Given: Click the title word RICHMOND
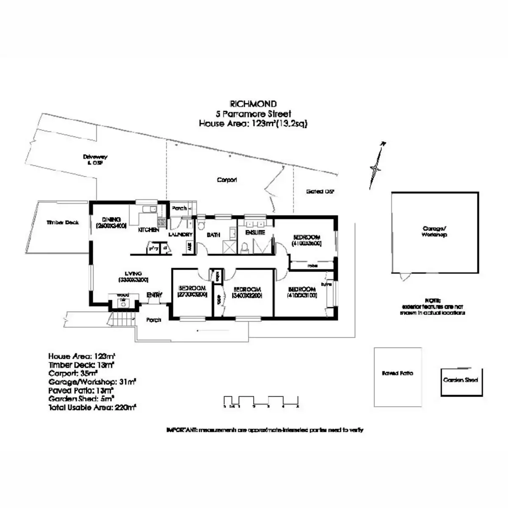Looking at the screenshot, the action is coord(253,104).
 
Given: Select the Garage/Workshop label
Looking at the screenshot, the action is coord(434,232).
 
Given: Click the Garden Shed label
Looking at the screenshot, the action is coord(461,380).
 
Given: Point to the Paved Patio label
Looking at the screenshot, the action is coord(397,373).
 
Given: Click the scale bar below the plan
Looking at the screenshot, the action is coord(261,401).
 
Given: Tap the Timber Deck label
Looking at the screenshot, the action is coord(63,222).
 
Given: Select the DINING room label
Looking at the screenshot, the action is coord(111,220).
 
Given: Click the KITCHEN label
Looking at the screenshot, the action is coord(149,230).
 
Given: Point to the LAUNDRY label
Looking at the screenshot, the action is coord(180,234).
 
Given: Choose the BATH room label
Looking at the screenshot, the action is coord(213,235).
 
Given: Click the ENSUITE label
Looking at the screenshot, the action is coord(255,232).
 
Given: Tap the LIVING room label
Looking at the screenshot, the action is coord(133,273).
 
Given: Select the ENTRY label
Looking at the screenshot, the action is coord(154,295).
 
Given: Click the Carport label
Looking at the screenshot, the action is coord(227,180).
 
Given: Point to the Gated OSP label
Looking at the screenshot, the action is coord(320,191).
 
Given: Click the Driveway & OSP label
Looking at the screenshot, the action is coord(95,159).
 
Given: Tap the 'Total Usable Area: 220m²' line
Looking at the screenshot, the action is coord(92,407).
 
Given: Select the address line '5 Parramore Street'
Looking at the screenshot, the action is coord(253,114).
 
